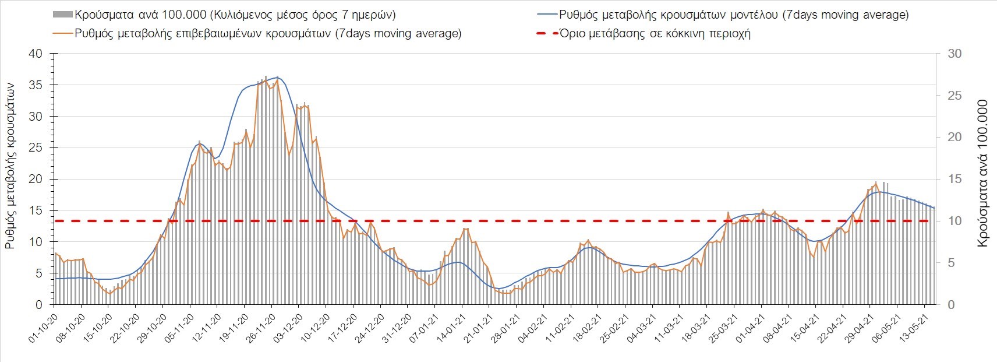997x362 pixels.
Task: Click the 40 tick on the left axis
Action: click(36, 54)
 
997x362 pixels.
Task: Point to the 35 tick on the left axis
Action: click(36, 85)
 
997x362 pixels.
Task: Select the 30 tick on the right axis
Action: click(954, 54)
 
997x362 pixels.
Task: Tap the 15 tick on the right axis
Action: click(954, 179)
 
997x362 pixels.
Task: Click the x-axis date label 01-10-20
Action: click(42, 330)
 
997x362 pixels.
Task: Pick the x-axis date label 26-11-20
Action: click(260, 330)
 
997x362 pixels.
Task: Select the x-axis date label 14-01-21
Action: click(451, 330)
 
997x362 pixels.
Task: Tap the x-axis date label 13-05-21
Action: click(914, 330)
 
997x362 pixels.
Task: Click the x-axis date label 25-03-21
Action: click(723, 330)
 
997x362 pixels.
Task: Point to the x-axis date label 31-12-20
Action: click(396, 330)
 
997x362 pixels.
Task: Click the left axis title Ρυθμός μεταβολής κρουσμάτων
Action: click(10, 165)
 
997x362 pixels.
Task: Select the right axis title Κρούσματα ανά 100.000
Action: click(982, 173)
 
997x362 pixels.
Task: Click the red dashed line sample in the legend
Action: click(546, 33)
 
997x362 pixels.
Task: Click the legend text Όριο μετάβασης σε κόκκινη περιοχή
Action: click(655, 33)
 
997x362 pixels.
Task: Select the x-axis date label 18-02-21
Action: click(587, 330)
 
